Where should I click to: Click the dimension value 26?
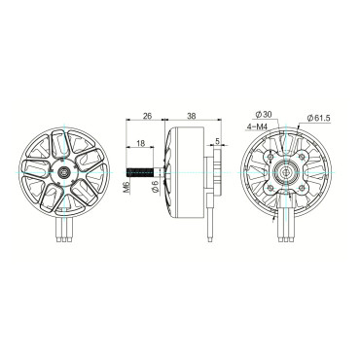tap(147, 116)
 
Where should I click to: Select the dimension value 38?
tap(192, 116)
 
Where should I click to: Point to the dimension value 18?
tap(140, 143)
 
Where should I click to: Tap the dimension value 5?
tap(217, 141)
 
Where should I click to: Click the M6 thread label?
tap(126, 187)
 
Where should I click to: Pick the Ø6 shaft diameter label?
tap(155, 187)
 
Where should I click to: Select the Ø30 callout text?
tap(264, 114)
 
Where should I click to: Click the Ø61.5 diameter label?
tap(318, 118)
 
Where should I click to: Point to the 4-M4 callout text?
tap(257, 126)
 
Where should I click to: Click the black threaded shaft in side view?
tap(140, 172)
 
